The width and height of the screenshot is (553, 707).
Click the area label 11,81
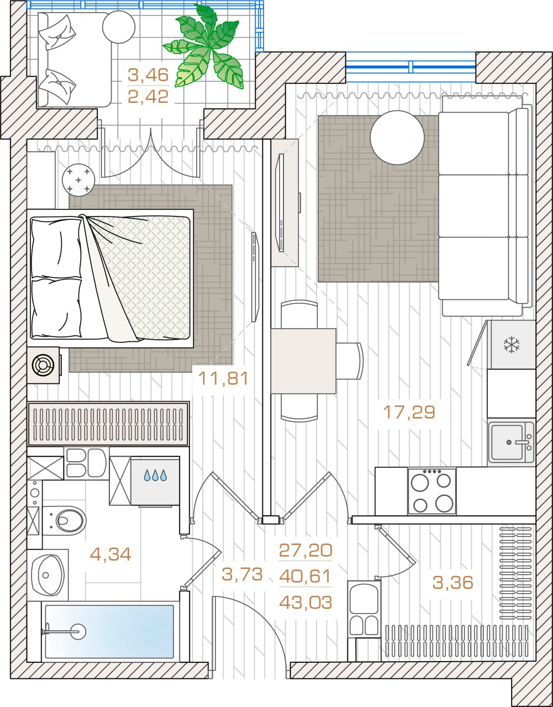223,379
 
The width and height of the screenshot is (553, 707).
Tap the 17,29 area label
409,412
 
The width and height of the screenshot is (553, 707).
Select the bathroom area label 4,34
110,555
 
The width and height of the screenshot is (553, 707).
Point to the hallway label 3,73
242,574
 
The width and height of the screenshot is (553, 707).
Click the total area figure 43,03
306,603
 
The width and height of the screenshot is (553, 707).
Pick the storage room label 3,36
452,583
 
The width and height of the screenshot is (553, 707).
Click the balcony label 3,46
148,75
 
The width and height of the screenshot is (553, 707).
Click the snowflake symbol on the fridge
512,345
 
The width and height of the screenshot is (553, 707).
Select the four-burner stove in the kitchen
432,491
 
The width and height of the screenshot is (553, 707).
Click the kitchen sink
511,442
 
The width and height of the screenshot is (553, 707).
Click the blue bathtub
109,631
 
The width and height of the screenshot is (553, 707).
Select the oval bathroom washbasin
48,575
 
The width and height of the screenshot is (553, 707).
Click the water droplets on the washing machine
155,476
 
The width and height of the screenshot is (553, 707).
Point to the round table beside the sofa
397,138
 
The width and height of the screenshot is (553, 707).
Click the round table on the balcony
119,27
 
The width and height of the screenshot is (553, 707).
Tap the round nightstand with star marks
78,180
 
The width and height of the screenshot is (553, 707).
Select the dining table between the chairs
303,361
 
